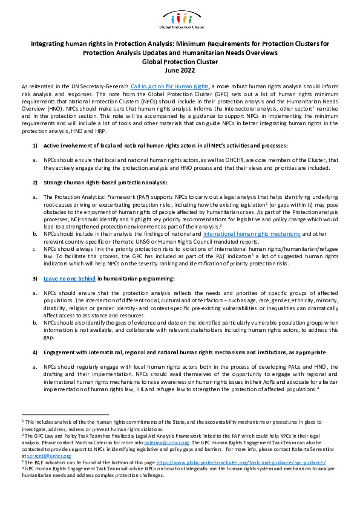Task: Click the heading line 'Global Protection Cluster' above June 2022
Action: [x=180, y=61]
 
